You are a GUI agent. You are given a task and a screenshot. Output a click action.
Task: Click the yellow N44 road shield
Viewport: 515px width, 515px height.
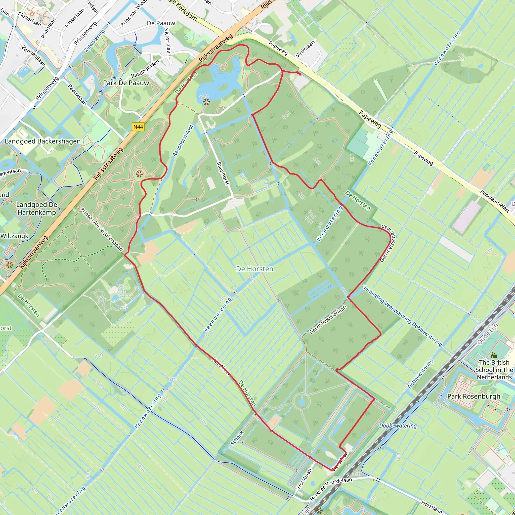(x=138, y=127)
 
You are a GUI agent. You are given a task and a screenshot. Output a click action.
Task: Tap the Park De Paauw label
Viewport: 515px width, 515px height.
(x=126, y=83)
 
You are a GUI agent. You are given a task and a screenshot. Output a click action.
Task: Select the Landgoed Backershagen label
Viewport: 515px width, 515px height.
(x=43, y=141)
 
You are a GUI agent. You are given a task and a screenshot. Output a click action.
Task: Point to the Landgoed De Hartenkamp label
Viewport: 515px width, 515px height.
(x=36, y=208)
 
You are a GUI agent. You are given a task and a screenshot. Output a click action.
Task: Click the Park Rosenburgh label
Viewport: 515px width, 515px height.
(x=474, y=396)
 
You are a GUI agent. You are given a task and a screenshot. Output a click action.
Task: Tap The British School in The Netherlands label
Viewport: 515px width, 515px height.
(x=494, y=370)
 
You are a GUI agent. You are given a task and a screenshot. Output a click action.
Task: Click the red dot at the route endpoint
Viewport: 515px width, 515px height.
(x=300, y=74)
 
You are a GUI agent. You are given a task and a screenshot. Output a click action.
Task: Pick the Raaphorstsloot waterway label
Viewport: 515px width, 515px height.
(x=183, y=140)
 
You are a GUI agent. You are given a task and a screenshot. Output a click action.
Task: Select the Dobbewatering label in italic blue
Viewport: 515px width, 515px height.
(x=398, y=426)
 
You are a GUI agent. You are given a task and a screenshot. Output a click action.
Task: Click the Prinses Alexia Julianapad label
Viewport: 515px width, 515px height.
(x=102, y=229)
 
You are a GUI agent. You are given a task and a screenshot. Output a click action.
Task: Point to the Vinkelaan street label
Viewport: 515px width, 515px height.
(x=305, y=48)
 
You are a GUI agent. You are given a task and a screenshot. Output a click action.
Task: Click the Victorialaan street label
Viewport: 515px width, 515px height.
(x=167, y=42)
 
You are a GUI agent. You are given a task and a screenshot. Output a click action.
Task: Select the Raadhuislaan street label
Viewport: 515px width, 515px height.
(x=145, y=69)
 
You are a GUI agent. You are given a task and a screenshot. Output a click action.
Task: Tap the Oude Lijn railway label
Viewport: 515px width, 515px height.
(x=488, y=334)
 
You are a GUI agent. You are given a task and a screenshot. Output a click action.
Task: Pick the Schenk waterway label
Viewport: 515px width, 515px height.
(x=237, y=438)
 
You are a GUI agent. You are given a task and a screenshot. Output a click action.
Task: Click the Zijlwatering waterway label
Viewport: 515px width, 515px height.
(x=95, y=40)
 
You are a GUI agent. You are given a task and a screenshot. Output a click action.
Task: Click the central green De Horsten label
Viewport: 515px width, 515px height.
(x=254, y=269)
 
